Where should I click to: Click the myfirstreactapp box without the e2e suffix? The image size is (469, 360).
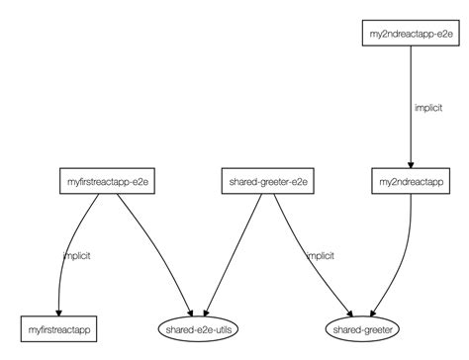click(x=60, y=325)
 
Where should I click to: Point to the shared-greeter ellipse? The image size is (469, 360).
click(x=362, y=325)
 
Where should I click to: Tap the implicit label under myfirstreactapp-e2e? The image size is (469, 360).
click(x=76, y=255)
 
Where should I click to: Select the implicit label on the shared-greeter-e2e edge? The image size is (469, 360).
click(x=319, y=255)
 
